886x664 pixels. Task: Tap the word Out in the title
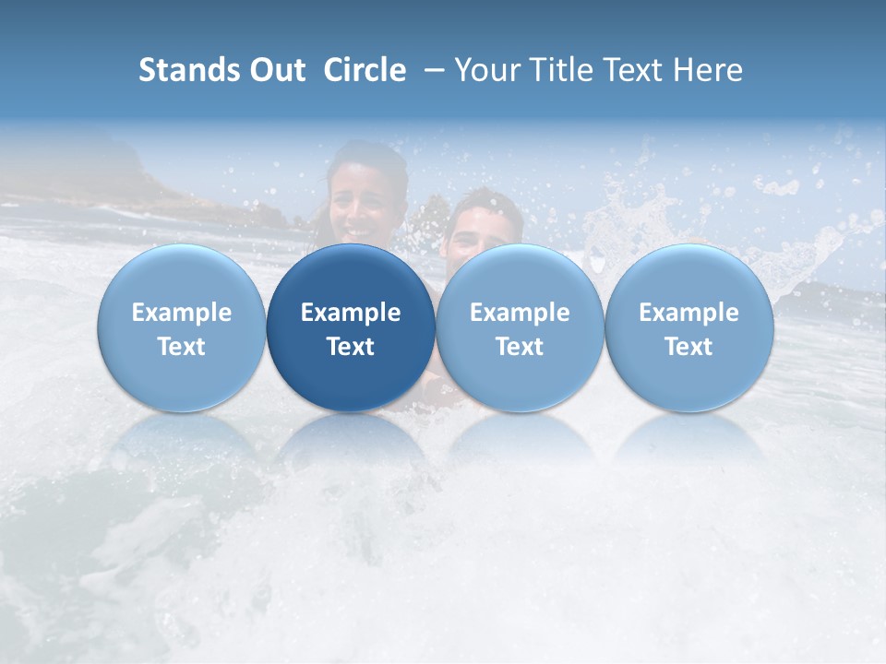point(275,70)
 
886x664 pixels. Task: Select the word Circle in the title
point(365,70)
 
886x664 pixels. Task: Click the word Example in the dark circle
point(351,313)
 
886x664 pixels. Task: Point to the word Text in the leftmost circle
point(182,347)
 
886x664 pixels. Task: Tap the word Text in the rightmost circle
point(689,347)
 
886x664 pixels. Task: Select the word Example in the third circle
point(520,313)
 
